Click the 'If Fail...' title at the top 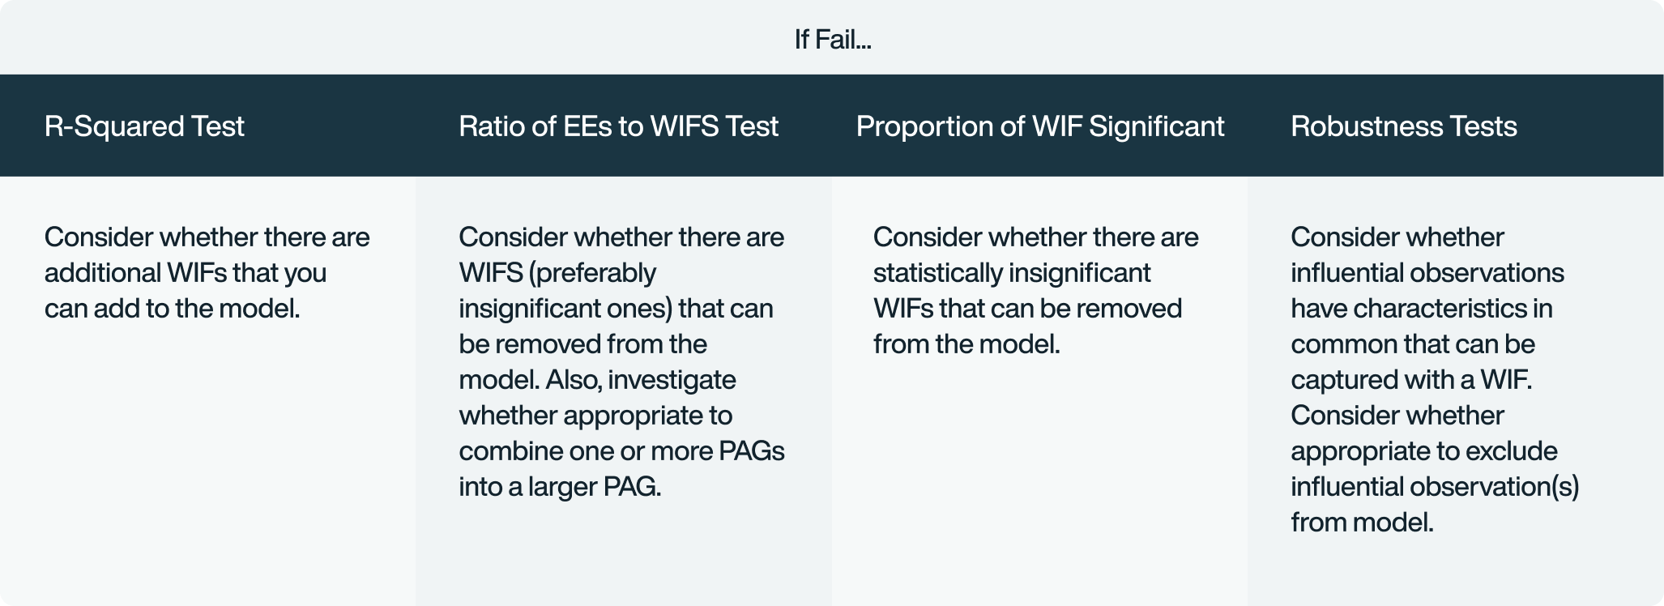(832, 39)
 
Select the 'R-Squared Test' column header (144, 126)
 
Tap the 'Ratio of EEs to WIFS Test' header (618, 126)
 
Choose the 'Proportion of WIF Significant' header (1039, 126)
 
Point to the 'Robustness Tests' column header (1403, 126)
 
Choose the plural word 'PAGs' (752, 451)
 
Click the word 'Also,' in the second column (573, 380)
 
